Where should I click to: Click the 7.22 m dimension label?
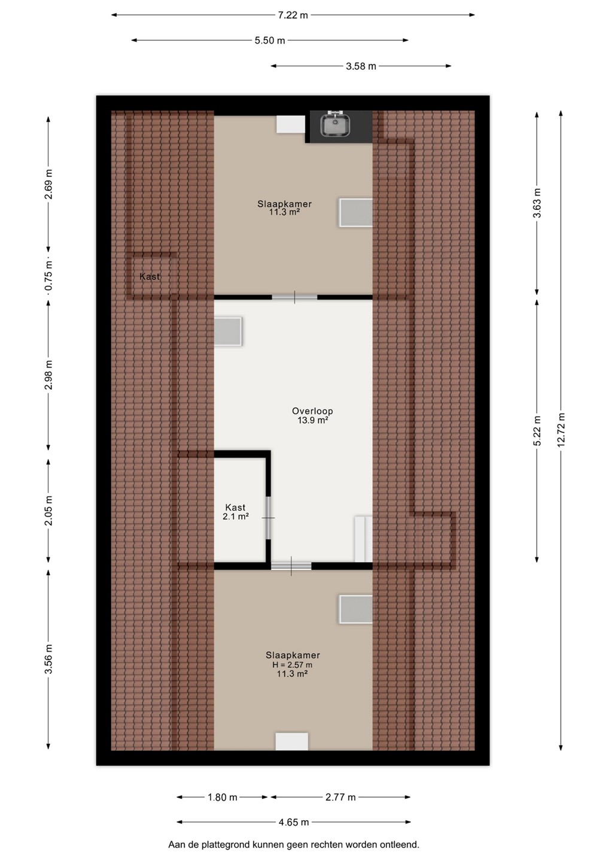(x=293, y=16)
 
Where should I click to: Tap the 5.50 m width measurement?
(x=270, y=41)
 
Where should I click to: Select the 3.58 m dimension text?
(x=361, y=66)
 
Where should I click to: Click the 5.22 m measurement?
(x=537, y=430)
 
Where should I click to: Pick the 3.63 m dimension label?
(x=537, y=203)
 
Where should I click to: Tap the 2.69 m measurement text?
(x=48, y=184)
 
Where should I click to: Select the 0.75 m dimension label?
(x=48, y=276)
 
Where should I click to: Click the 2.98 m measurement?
(x=48, y=375)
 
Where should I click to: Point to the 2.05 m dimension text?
(x=48, y=511)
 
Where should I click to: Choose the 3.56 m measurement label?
(x=48, y=659)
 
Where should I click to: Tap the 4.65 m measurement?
(x=294, y=822)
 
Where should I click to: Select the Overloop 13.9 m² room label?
(x=312, y=416)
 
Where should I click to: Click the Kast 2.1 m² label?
(x=235, y=512)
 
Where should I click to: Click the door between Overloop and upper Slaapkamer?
(x=294, y=297)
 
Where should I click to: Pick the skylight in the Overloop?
(x=228, y=331)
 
